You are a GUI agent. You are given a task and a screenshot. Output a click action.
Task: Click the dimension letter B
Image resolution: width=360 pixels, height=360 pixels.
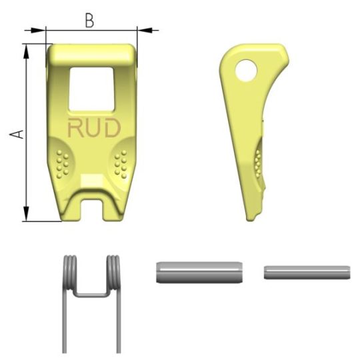pos(89,21)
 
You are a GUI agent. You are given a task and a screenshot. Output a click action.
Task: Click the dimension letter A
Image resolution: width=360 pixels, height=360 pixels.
pos(17,134)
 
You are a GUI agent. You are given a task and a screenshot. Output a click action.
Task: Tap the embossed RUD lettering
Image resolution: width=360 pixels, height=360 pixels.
pos(94,127)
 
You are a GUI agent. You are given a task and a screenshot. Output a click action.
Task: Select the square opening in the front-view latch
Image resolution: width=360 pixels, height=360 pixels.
pos(91,89)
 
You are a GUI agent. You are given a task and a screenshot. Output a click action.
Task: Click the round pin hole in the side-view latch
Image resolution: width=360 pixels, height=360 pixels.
pos(245,71)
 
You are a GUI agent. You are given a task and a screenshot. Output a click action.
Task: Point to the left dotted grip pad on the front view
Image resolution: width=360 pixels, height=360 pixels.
pos(63,164)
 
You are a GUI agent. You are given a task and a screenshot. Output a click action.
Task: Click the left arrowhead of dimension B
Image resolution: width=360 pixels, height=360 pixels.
pos(37,30)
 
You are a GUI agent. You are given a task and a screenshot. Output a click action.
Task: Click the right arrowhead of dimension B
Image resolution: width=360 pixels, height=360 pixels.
pos(145,30)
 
